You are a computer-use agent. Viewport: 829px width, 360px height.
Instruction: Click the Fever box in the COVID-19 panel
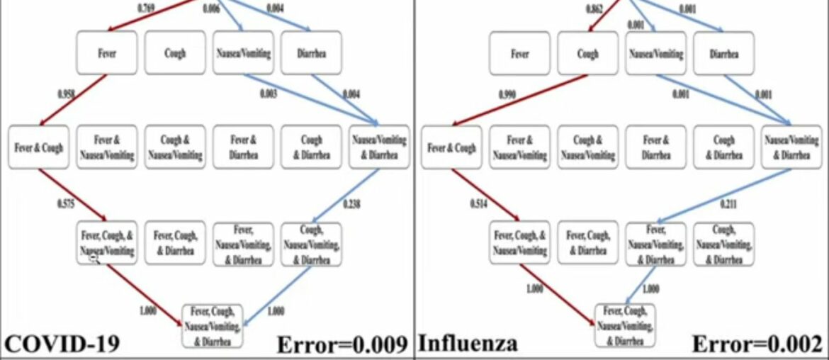point(107,52)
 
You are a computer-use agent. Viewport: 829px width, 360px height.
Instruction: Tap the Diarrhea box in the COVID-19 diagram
point(311,52)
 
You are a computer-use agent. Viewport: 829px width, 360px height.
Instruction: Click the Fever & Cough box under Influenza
point(451,148)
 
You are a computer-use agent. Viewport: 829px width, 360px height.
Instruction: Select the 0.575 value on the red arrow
point(66,204)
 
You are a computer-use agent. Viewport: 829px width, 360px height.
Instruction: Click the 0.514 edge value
point(479,204)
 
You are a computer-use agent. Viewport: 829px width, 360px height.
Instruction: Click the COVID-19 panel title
point(62,344)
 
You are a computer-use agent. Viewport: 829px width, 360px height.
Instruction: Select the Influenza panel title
point(468,344)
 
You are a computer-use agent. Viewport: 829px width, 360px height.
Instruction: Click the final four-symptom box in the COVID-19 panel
point(212,326)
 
